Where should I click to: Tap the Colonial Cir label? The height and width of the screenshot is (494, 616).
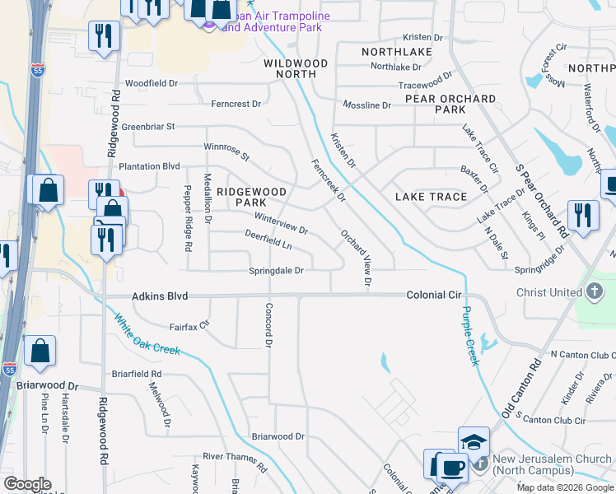[x=434, y=295]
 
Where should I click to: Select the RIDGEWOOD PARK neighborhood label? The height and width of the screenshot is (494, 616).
[x=251, y=197]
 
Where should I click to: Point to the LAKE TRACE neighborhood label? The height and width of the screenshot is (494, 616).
[x=431, y=197]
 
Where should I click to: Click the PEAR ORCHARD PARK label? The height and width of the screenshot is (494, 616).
[x=450, y=104]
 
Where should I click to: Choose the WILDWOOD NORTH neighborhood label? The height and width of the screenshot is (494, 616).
[x=296, y=68]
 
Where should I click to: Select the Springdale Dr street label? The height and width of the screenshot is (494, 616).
[x=277, y=271]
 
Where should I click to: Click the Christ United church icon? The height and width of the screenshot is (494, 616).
[x=595, y=291]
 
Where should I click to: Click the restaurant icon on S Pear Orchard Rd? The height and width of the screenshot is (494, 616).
[x=582, y=216]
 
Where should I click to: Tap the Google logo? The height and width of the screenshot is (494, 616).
[x=27, y=484]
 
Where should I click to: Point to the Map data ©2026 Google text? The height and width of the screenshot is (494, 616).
[x=565, y=487]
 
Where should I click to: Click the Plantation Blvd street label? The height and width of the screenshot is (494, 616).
[x=149, y=166]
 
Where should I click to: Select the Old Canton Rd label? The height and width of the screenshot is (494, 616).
[x=519, y=392]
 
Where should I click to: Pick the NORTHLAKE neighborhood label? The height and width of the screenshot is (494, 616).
[x=396, y=52]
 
